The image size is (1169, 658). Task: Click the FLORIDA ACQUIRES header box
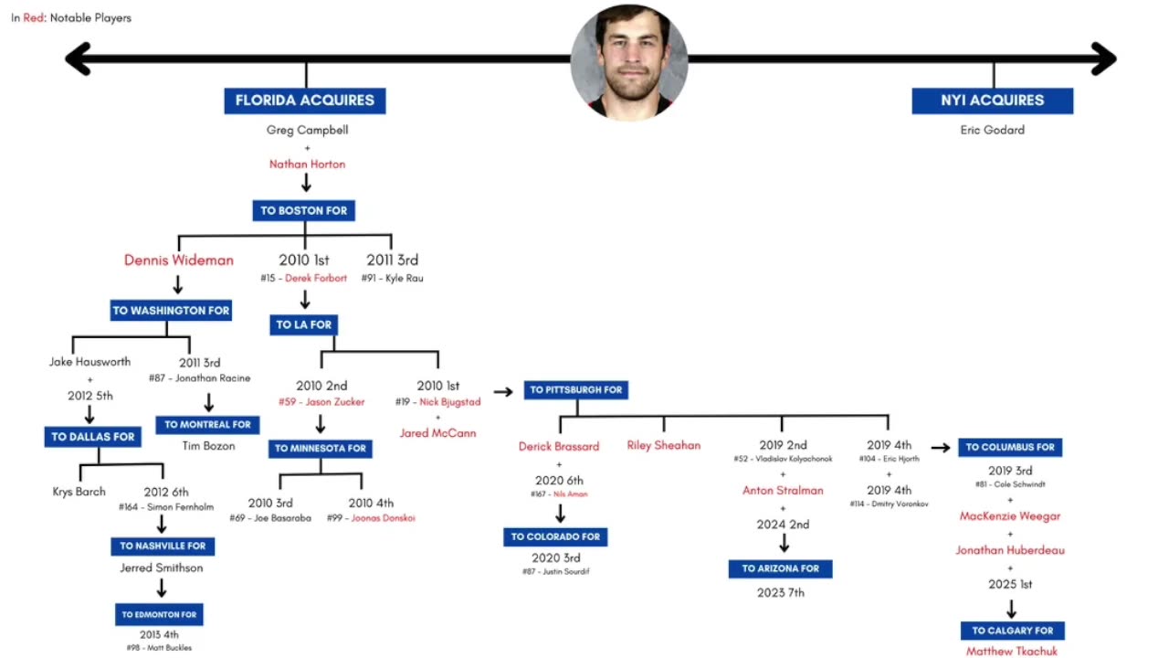(x=305, y=101)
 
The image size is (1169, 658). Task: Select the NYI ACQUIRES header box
(x=992, y=101)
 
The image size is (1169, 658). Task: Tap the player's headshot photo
(x=629, y=62)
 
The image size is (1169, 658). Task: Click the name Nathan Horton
(x=307, y=164)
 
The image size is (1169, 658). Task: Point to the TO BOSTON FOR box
(x=304, y=210)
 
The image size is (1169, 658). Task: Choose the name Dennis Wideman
(x=179, y=260)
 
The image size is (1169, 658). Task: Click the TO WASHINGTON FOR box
(x=171, y=311)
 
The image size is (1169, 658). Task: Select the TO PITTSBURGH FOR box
(x=576, y=390)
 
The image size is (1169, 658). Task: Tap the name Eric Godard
(x=992, y=130)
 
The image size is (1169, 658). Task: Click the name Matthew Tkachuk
(x=1012, y=652)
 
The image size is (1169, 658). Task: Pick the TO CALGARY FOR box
(x=1012, y=631)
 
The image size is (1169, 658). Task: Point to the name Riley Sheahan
(x=664, y=446)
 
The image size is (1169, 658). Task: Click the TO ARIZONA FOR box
(x=781, y=568)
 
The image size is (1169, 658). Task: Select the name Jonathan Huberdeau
(x=1010, y=550)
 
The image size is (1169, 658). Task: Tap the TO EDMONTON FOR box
(x=159, y=615)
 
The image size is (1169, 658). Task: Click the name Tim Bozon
(x=208, y=446)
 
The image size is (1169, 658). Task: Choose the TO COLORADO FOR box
(x=555, y=536)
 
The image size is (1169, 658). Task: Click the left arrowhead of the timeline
(x=78, y=59)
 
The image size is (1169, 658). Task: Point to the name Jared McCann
(x=437, y=433)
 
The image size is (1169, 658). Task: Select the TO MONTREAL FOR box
(x=207, y=425)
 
